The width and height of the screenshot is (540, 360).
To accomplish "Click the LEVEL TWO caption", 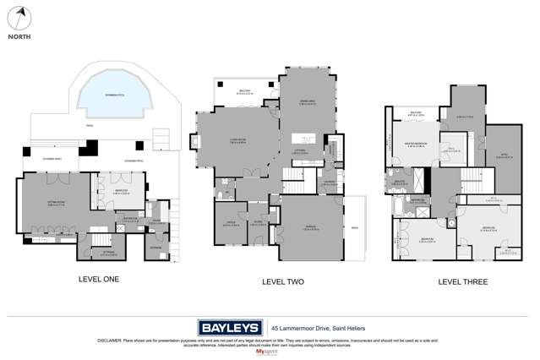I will [282, 281].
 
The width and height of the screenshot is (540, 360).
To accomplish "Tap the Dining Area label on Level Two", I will [308, 106].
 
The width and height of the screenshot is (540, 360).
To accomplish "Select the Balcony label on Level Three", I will [415, 112].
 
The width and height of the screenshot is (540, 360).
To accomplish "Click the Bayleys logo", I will [231, 327].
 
